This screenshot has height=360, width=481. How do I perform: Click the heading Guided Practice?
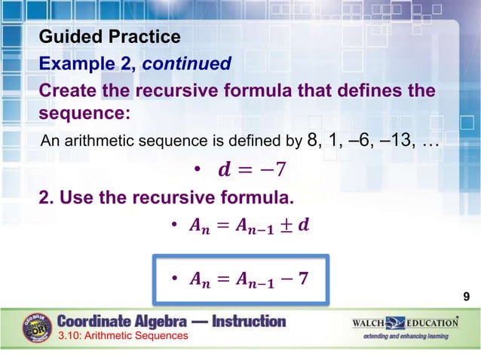point(109,36)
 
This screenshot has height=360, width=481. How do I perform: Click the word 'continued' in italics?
point(187,64)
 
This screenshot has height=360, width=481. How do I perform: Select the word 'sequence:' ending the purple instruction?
point(84,114)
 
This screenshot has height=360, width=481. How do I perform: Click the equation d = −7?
point(251,171)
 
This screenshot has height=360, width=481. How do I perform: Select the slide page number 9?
point(467,297)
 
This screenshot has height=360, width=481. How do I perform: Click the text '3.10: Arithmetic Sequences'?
point(124,336)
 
